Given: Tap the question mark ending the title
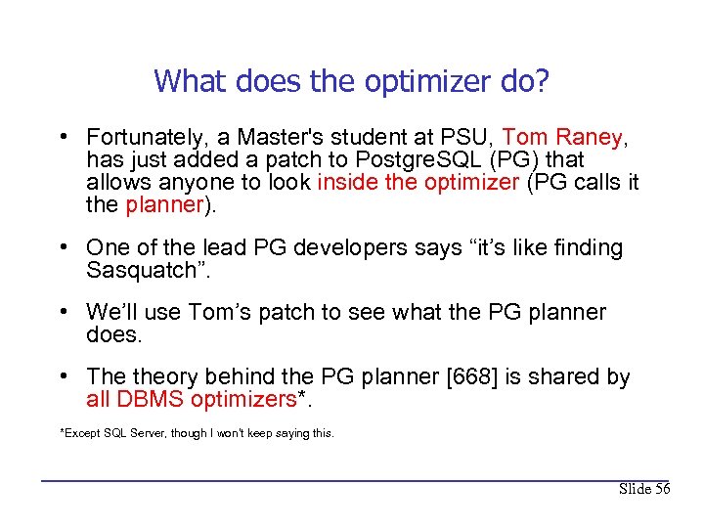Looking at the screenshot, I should click(542, 80).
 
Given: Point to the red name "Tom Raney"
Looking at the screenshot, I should click(561, 137).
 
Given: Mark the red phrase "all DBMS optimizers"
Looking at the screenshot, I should click(191, 399).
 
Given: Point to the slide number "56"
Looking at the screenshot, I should click(660, 489).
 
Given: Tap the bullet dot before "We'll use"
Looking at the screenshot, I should click(63, 313).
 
